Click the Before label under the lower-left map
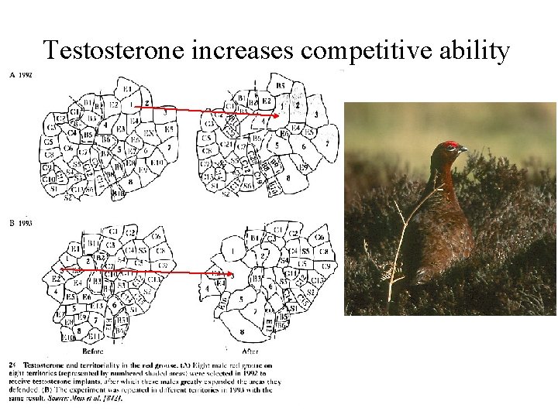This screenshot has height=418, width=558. pyautogui.click(x=92, y=351)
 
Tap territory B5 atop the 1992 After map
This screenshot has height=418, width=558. pyautogui.click(x=280, y=85)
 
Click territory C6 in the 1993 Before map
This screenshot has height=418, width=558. pyautogui.click(x=155, y=236)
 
